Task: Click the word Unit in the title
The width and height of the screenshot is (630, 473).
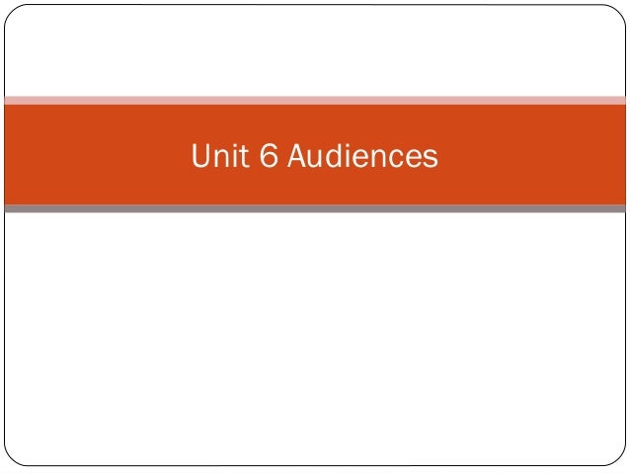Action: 216,156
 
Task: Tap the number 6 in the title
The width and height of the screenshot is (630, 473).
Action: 268,156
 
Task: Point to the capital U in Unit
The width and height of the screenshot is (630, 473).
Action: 199,156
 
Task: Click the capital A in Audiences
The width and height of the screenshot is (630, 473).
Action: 297,156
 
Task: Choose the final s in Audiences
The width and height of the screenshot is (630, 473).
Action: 431,157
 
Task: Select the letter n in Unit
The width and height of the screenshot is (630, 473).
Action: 218,157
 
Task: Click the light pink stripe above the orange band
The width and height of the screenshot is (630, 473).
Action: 315,100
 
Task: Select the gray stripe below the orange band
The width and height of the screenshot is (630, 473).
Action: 315,208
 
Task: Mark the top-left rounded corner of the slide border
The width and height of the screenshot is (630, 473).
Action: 11,11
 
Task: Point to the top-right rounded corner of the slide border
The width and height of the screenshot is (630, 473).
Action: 619,11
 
